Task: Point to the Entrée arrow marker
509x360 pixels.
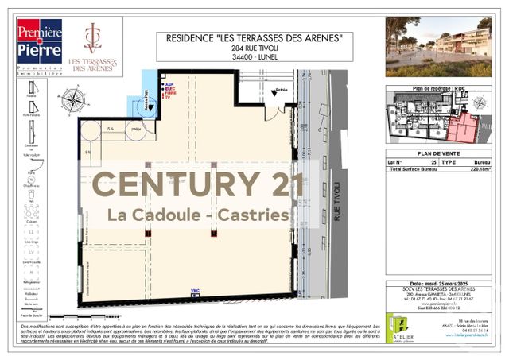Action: [278, 91]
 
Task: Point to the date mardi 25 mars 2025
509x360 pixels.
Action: [439, 283]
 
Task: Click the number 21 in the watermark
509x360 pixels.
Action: [281, 184]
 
